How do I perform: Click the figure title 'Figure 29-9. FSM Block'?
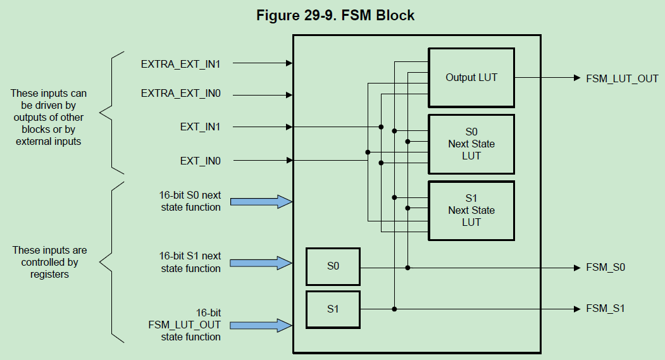coord(335,15)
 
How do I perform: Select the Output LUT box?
coord(471,77)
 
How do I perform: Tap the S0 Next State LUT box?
coord(471,144)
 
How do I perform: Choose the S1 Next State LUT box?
coord(471,210)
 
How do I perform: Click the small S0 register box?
coord(333,266)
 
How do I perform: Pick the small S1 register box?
coord(333,309)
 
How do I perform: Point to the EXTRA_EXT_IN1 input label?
coord(180,63)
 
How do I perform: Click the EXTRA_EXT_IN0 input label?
coord(180,94)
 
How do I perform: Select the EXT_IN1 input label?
coord(200,127)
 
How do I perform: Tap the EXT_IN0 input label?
coord(200,161)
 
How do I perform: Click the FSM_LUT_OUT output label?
coord(622,78)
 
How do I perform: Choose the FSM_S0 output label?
coord(606,268)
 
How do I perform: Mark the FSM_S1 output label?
coord(606,309)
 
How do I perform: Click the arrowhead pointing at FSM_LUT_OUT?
coord(576,78)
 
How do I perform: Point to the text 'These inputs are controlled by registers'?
coord(49,263)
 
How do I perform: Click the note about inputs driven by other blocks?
coord(49,118)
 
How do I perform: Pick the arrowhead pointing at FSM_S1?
coord(576,309)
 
